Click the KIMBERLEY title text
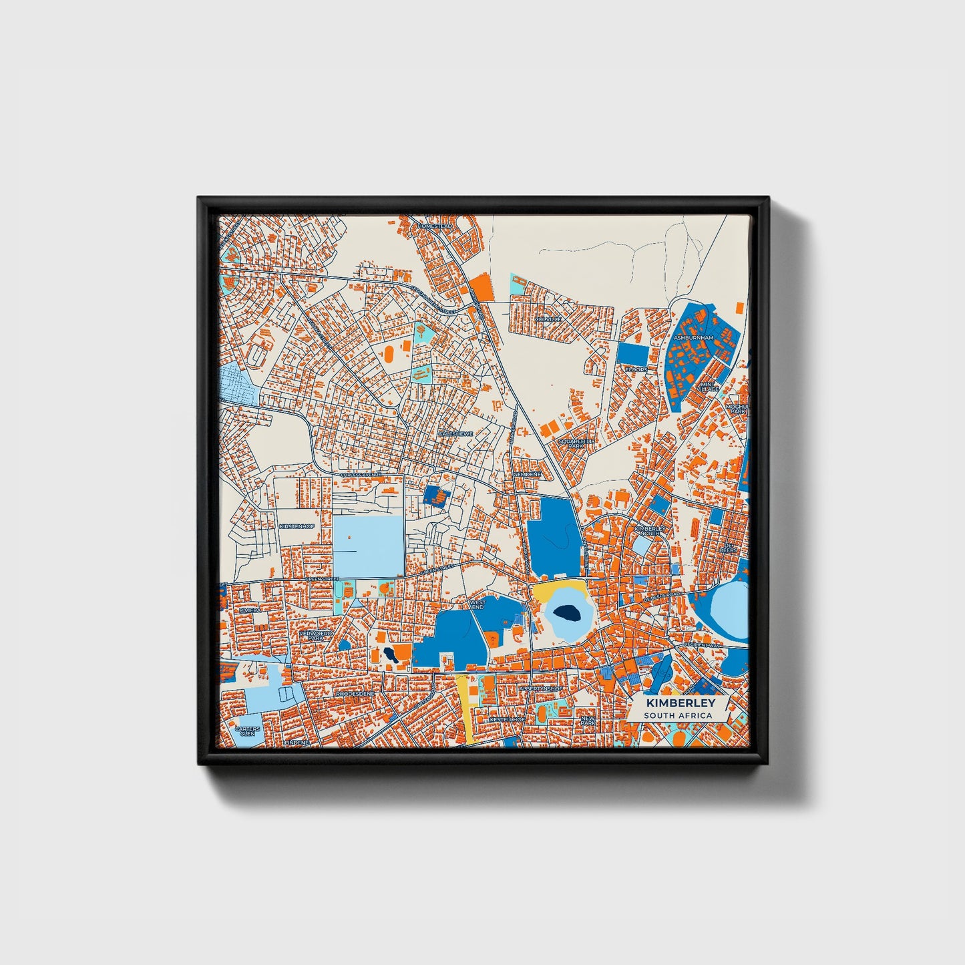coord(680,703)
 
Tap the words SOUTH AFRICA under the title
coord(678,716)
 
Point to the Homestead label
coord(435,226)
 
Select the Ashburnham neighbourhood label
coord(693,338)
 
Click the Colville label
coord(548,319)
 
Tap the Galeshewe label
coord(455,433)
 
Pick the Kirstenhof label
coord(297,526)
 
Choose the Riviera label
coord(251,610)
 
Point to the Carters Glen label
coord(247,731)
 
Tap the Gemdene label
coord(528,474)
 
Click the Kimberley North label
coord(650,530)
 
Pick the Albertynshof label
coord(541,689)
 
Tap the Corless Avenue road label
coord(361,474)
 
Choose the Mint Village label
coord(708,387)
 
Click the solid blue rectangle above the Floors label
coord(632,353)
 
